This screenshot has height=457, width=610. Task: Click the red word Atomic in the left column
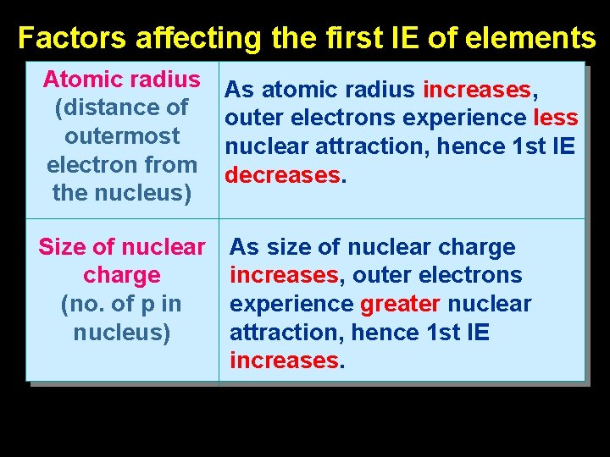point(83,80)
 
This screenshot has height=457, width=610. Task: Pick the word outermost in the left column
point(122,136)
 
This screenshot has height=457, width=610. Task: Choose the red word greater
point(399,304)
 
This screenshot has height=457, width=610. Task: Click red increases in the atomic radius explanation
point(476,89)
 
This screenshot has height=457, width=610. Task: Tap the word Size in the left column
point(60,247)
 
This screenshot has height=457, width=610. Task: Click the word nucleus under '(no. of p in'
point(120,332)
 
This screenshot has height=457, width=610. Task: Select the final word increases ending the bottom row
point(284,361)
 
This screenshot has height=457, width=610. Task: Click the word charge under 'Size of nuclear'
point(122,275)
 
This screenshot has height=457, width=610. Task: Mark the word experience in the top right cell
point(484,118)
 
